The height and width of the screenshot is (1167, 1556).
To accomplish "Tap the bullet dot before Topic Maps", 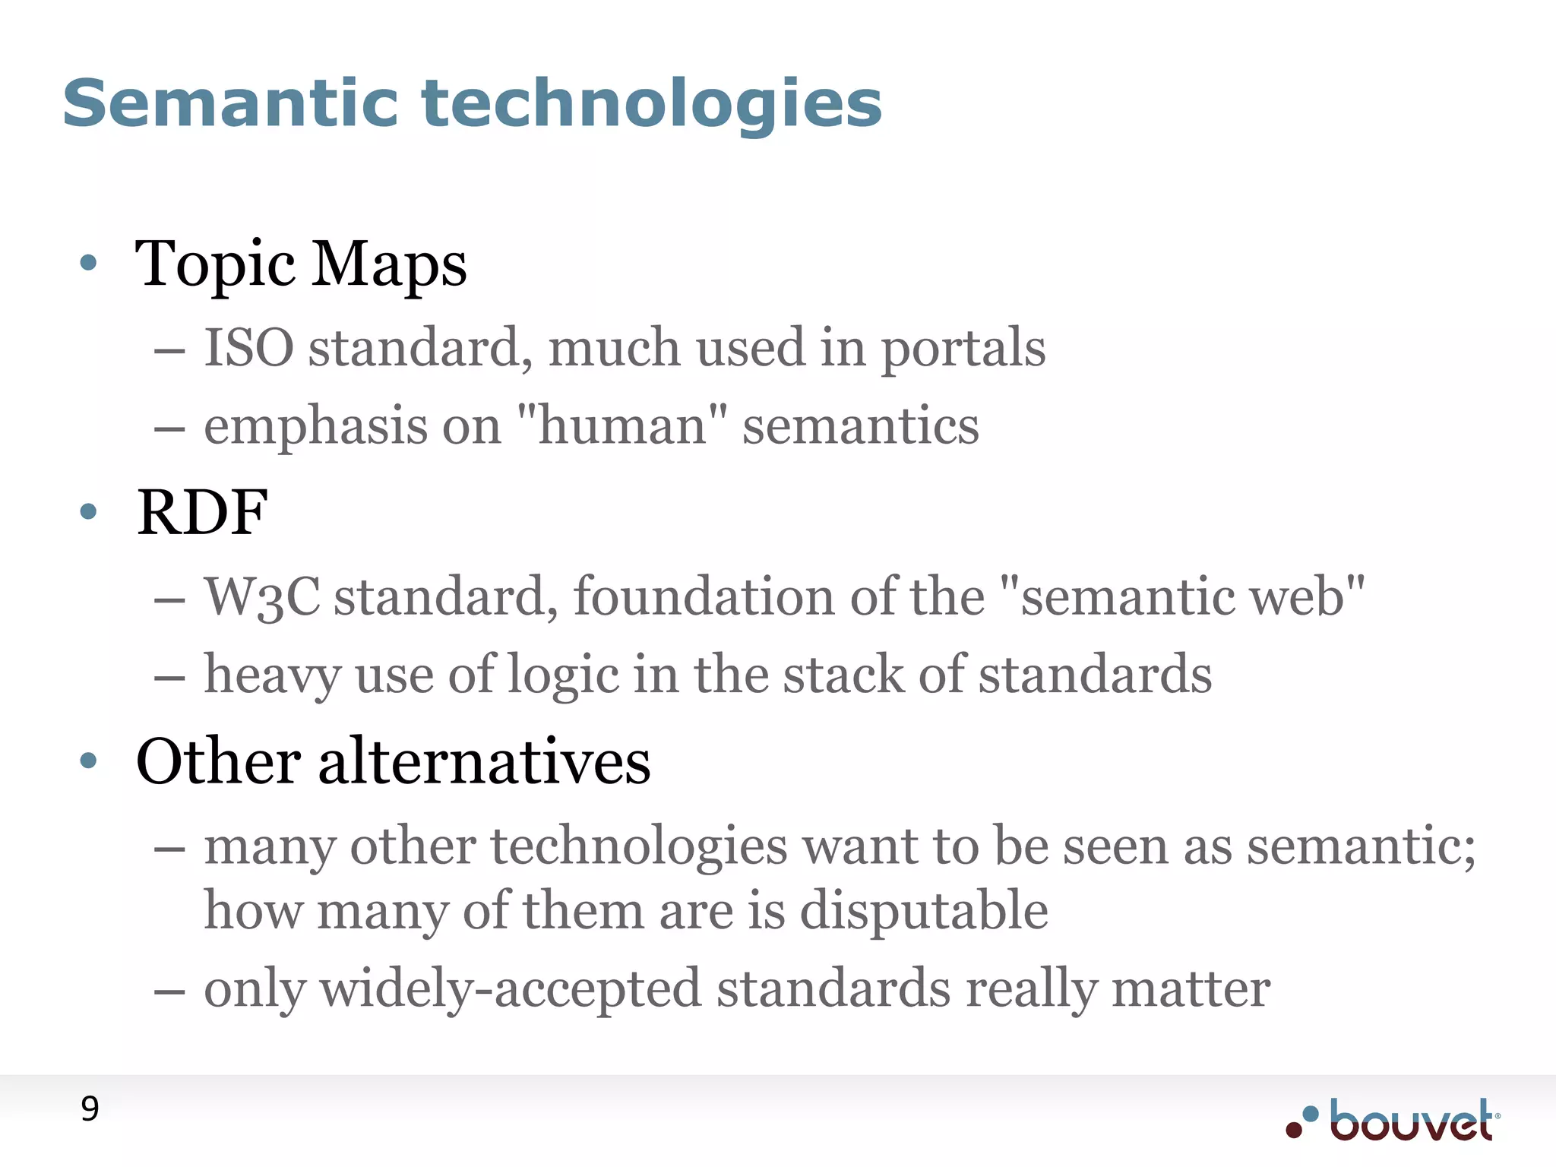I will (x=89, y=263).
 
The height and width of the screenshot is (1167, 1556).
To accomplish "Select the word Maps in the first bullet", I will (x=390, y=264).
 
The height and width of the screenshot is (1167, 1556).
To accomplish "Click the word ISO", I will (x=248, y=348).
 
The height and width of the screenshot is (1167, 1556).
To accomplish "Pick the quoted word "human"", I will (x=621, y=425).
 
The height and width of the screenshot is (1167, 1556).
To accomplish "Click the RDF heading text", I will (x=202, y=512).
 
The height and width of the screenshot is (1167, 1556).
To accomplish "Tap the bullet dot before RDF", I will (x=89, y=512).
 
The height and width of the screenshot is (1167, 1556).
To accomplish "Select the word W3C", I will (x=262, y=596).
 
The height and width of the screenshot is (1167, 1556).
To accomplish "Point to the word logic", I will (x=562, y=675).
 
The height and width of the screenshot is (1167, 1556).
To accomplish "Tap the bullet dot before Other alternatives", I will (x=89, y=761).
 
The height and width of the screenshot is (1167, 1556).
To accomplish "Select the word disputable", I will (x=924, y=910).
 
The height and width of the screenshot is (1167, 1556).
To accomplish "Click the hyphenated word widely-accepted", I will (x=510, y=989).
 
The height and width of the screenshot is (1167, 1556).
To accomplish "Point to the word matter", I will (x=1191, y=989).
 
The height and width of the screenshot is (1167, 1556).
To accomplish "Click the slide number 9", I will (x=90, y=1109).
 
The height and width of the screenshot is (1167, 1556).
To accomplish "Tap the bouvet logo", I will (x=1393, y=1120).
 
